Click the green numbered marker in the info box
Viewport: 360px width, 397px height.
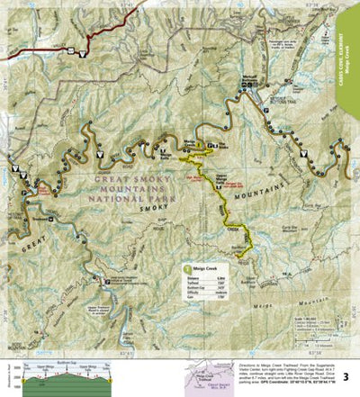pos(187,268)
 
